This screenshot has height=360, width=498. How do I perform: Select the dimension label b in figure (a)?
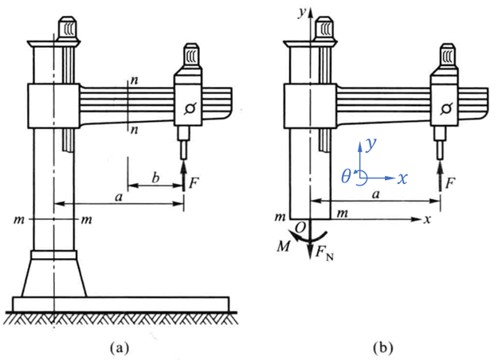tap(155, 178)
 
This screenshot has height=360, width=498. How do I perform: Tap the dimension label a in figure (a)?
tap(119, 198)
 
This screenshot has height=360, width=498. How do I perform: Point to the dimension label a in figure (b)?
tap(376, 194)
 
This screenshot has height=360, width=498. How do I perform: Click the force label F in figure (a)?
tap(194, 183)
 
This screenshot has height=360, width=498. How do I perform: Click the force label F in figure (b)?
tap(450, 183)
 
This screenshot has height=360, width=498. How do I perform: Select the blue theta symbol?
tap(346, 175)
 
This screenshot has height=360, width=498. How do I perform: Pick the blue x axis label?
tap(402, 178)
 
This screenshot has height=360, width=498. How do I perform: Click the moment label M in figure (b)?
tap(284, 246)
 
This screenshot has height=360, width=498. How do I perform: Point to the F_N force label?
tap(324, 253)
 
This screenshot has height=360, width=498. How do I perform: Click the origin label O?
tap(300, 227)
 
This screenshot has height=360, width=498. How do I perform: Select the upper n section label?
tap(135, 80)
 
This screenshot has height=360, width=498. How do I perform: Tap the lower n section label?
tap(135, 130)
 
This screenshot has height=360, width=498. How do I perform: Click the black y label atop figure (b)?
tap(302, 13)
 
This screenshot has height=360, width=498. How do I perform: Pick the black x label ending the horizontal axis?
tap(428, 219)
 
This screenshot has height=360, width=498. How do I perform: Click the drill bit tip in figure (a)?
tap(183, 158)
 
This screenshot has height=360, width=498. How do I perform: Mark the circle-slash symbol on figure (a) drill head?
tap(190, 108)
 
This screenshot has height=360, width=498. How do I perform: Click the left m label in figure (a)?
tap(19, 219)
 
